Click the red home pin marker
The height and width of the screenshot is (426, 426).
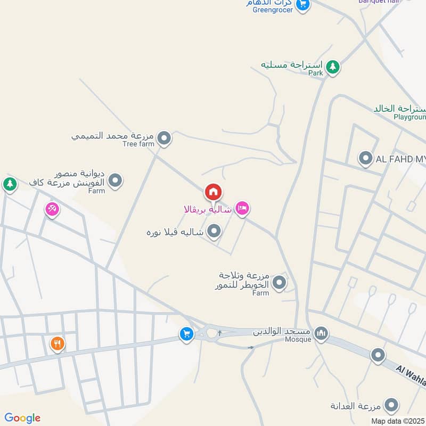[x=213, y=192]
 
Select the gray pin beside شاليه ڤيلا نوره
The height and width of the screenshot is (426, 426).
[x=214, y=231]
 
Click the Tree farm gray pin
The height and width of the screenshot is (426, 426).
[x=165, y=138]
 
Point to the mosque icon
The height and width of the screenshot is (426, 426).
[x=321, y=334]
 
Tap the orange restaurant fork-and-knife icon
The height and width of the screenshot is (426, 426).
[x=58, y=343]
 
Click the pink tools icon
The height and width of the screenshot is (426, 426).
[x=52, y=209]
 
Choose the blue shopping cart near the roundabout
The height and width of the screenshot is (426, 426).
[x=186, y=334]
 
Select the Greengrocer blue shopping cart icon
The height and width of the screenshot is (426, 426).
[x=302, y=4]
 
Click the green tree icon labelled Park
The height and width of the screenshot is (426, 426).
[x=333, y=67]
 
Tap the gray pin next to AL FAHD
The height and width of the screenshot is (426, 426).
[x=365, y=158]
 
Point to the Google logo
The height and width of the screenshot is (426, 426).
[x=22, y=418]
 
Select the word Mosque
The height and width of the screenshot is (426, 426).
[x=298, y=339]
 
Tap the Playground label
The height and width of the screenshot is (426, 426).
[x=409, y=117]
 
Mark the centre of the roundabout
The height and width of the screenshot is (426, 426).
[x=211, y=334]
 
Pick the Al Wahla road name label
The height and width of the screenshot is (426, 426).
[x=411, y=375]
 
